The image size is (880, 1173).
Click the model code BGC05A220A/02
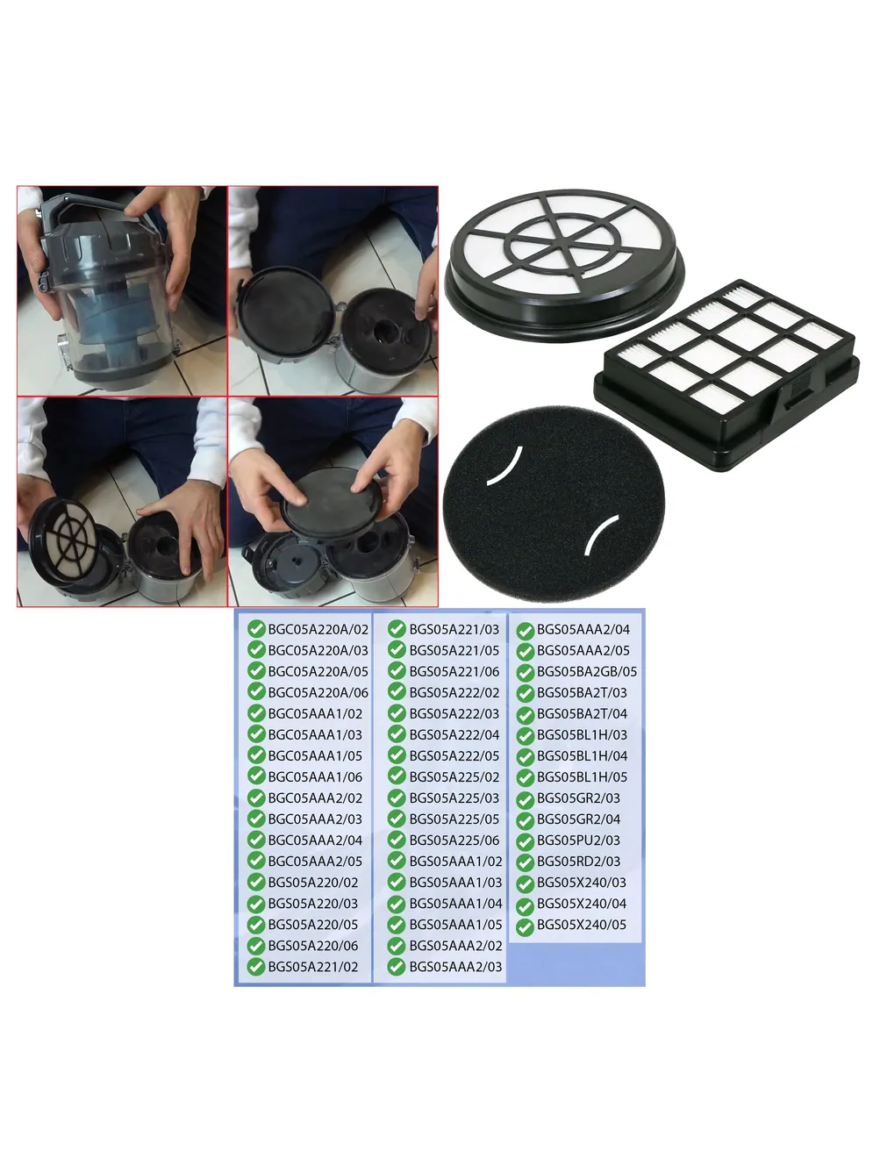point(318,629)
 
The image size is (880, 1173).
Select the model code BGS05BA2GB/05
point(587,671)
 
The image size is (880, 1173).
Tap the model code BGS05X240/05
point(582,925)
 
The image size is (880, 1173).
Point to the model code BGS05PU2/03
point(578,840)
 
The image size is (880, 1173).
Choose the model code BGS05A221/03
point(454,629)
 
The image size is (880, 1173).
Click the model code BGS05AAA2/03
point(455,967)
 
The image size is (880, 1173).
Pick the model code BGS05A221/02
point(313,967)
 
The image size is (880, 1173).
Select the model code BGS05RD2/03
point(578,862)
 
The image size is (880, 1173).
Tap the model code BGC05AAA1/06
point(315,777)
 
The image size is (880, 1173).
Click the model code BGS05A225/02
point(454,777)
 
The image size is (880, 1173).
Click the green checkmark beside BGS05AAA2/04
point(526,631)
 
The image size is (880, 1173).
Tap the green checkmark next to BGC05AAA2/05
point(256,861)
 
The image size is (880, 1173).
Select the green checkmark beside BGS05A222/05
point(397,755)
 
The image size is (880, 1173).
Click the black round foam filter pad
point(554,503)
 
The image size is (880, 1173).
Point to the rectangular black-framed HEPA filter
point(726,374)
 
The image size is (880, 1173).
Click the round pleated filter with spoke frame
point(564,265)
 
